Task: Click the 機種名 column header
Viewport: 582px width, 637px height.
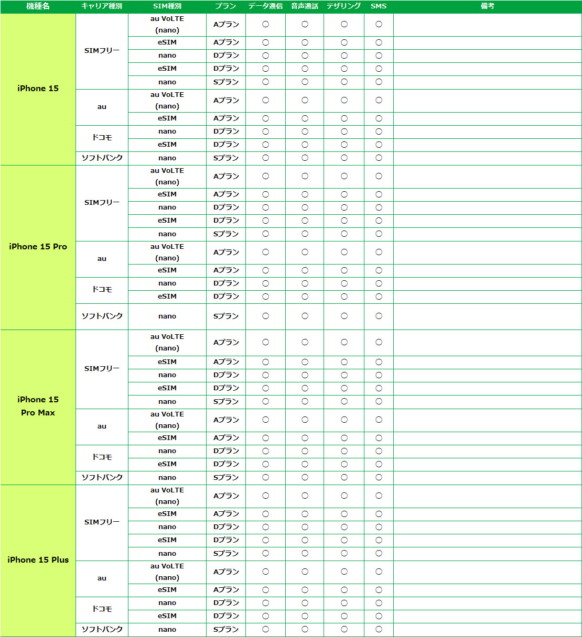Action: [x=38, y=6]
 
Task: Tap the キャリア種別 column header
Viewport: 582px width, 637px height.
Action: [x=102, y=6]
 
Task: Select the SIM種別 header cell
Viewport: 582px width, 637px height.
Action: [x=167, y=6]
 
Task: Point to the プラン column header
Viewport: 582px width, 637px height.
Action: [x=225, y=6]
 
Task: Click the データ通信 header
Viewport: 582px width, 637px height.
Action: [x=265, y=6]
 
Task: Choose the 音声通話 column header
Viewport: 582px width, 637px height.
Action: [x=305, y=6]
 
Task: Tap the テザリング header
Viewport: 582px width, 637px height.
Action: [x=344, y=6]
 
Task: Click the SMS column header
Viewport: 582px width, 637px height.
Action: [x=379, y=6]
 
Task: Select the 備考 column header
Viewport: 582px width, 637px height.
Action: [x=488, y=6]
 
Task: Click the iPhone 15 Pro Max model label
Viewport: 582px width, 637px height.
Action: [x=38, y=406]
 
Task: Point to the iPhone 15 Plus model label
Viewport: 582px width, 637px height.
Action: [x=38, y=560]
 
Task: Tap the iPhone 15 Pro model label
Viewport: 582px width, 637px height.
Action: [x=38, y=247]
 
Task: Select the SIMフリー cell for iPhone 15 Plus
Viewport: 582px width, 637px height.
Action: [x=102, y=522]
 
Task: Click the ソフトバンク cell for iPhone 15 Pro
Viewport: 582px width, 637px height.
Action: [x=102, y=316]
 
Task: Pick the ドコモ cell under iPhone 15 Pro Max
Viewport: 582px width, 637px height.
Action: [x=102, y=457]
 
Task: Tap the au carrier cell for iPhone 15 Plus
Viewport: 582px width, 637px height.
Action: [x=102, y=578]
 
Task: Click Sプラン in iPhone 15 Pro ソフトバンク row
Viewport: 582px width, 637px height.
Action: [x=226, y=316]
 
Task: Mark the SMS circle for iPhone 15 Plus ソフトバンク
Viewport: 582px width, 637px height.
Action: [x=379, y=629]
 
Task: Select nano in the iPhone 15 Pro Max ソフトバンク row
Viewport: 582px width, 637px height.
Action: [x=167, y=478]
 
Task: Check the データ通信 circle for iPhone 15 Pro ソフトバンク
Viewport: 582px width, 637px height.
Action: [x=265, y=316]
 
